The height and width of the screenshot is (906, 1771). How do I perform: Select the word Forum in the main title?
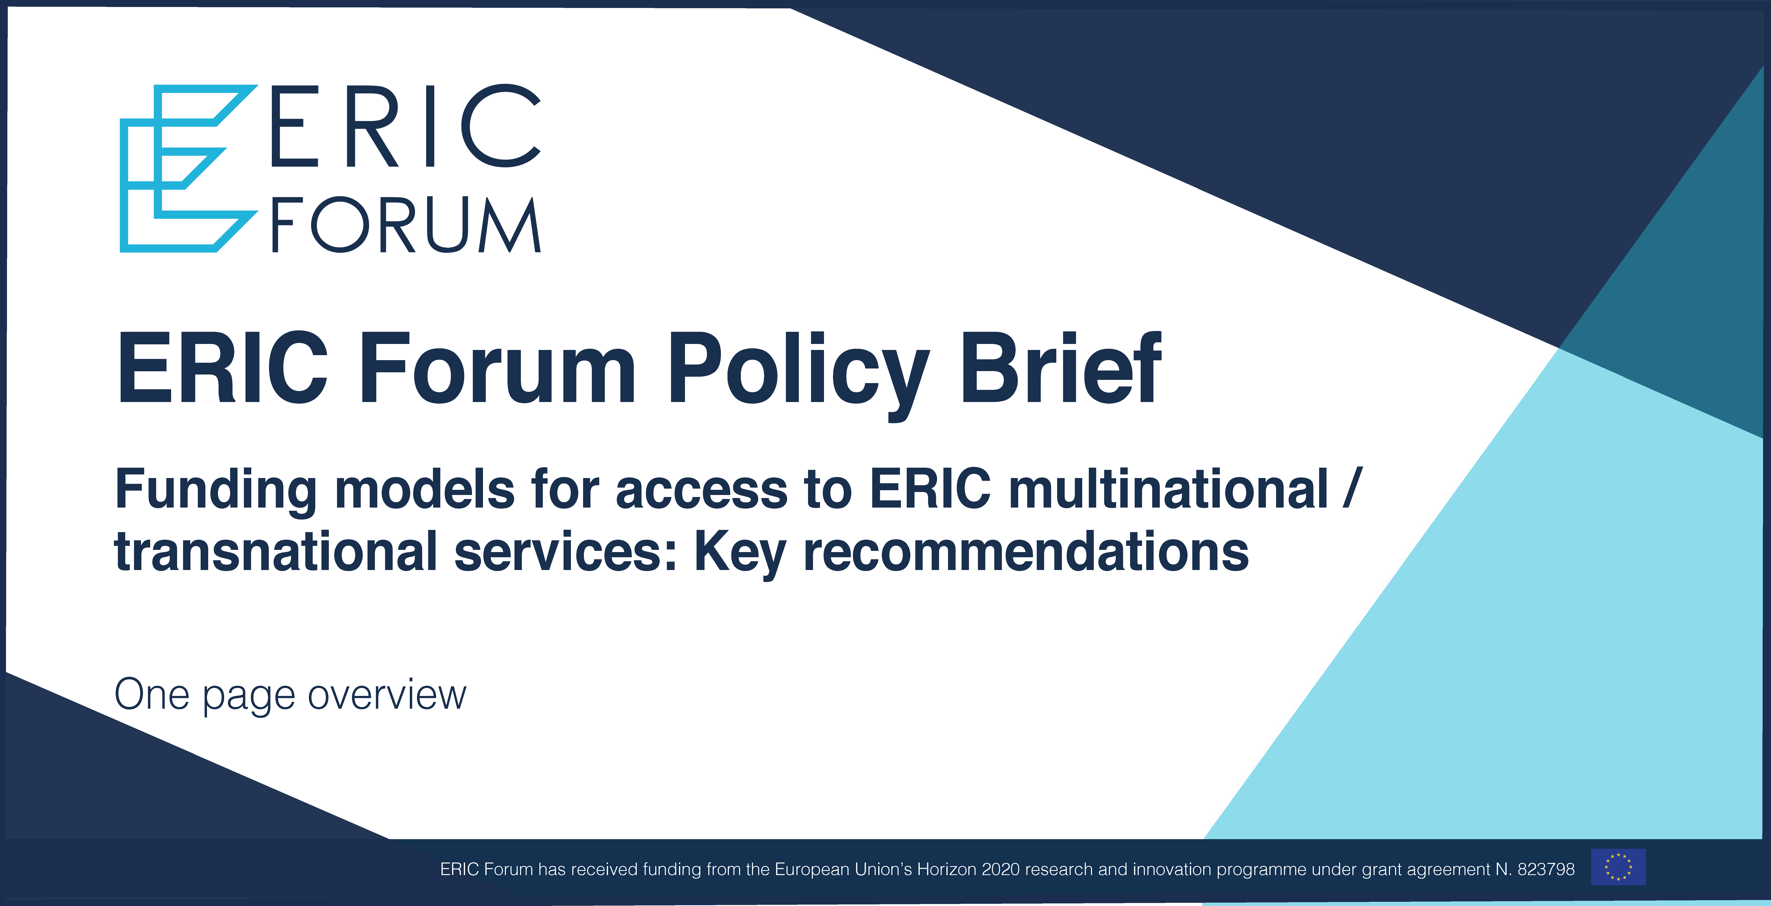497,368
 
